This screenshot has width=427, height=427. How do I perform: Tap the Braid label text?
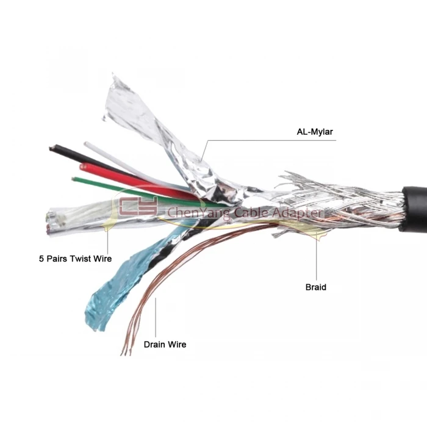[x=315, y=287]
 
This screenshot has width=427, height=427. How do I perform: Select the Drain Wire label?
[x=165, y=345]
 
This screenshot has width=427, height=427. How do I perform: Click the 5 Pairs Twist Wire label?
[x=75, y=259]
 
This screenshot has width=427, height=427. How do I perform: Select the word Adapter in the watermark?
[x=297, y=213]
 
